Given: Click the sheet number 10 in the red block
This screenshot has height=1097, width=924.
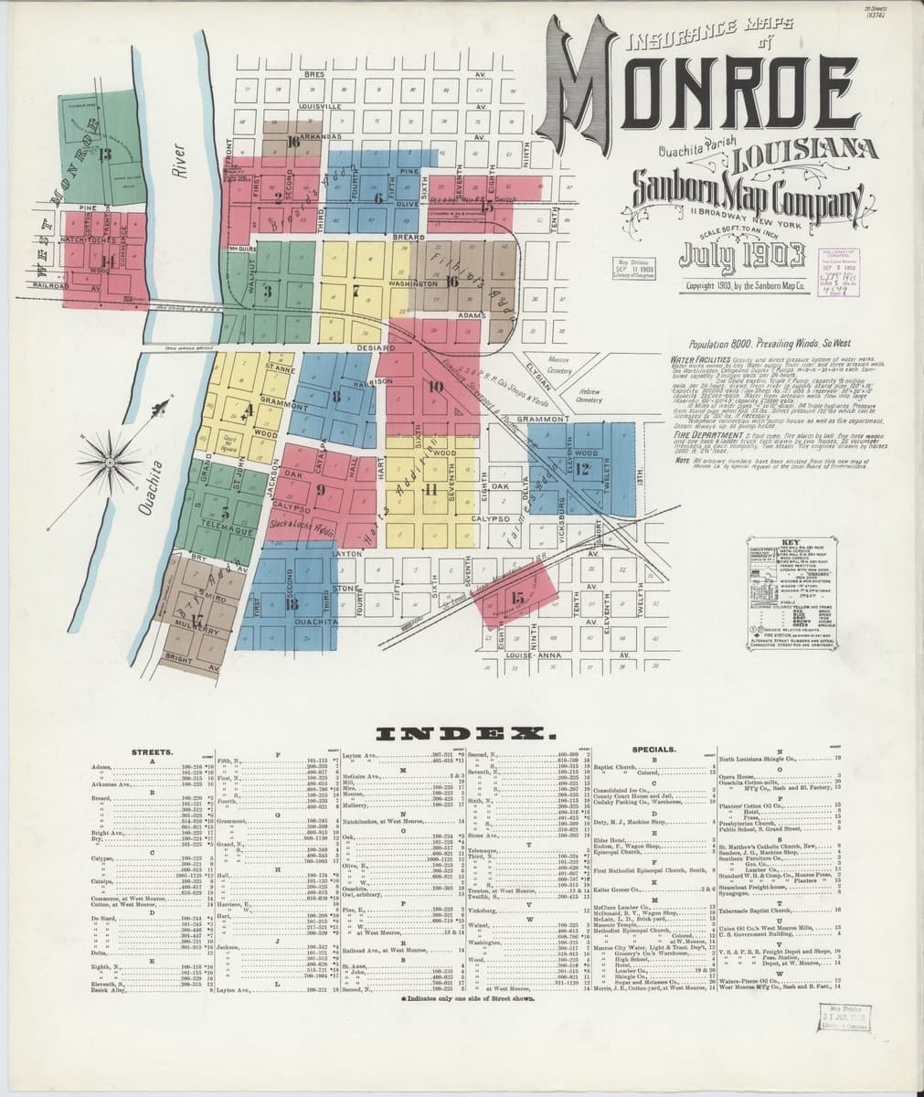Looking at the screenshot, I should click(x=435, y=387).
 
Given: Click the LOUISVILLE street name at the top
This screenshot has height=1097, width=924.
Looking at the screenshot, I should click(x=320, y=107).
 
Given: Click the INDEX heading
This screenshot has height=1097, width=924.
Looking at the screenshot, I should click(x=461, y=734).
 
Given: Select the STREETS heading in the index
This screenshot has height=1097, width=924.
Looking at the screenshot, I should click(x=146, y=751).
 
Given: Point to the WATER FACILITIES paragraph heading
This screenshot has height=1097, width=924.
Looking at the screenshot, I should click(x=701, y=361).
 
